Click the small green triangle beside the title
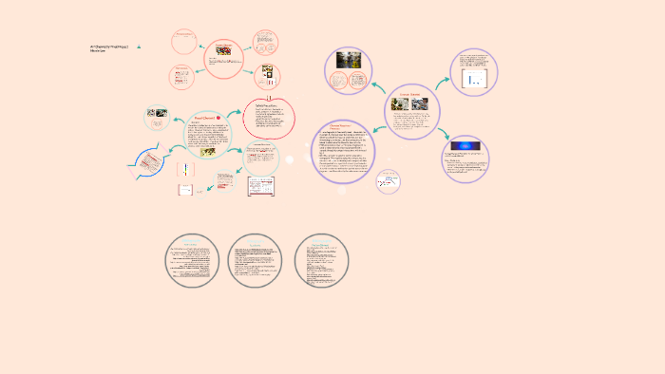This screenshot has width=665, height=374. tap(139, 47)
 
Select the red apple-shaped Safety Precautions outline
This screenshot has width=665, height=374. tap(270, 119)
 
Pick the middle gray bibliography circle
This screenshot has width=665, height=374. tap(256, 259)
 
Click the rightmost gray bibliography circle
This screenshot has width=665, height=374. tap(322, 259)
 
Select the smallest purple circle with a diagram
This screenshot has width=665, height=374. tap(387, 181)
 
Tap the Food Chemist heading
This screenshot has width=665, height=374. tap(205, 117)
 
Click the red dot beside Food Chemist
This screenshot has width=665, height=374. tap(219, 117)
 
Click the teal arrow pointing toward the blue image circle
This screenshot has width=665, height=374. tap(443, 133)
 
